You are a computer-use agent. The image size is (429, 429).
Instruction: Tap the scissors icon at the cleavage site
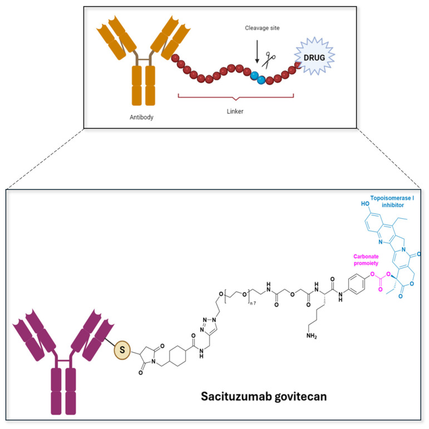tap(271, 59)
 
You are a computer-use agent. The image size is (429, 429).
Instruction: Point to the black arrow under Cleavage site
tap(257, 55)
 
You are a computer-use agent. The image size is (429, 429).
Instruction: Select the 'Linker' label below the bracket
tap(235, 111)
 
